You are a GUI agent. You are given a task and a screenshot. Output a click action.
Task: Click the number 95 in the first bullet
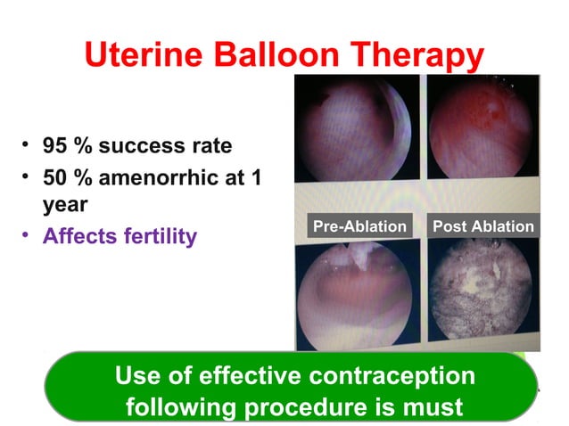57,145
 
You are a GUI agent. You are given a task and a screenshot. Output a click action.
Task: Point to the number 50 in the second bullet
57,177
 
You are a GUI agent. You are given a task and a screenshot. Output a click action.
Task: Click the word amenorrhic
161,177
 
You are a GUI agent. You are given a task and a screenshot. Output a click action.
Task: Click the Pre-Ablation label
359,226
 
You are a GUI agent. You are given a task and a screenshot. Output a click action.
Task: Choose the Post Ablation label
482,226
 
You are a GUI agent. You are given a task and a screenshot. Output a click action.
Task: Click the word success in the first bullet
152,145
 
